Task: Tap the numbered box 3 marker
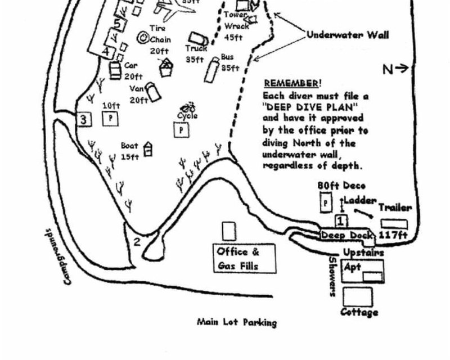pyautogui.click(x=83, y=119)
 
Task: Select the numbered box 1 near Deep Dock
pyautogui.click(x=340, y=220)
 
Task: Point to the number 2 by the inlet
pyautogui.click(x=136, y=242)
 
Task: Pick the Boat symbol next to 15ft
pyautogui.click(x=148, y=149)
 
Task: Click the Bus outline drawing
pyautogui.click(x=211, y=70)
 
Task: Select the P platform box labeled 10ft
pyautogui.click(x=110, y=119)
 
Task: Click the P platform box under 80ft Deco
pyautogui.click(x=325, y=202)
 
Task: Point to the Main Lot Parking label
pyautogui.click(x=237, y=323)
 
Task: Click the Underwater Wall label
pyautogui.click(x=348, y=35)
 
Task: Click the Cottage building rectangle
pyautogui.click(x=357, y=296)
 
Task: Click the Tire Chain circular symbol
pyautogui.click(x=143, y=38)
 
